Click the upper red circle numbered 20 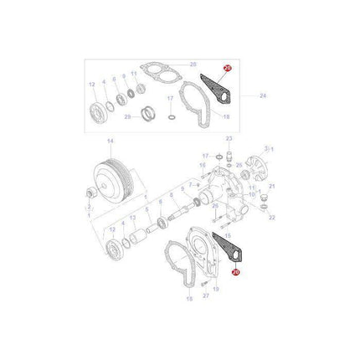(x=226, y=69)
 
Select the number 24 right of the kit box (x=263, y=96)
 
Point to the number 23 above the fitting (x=229, y=139)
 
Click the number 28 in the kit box (x=193, y=64)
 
